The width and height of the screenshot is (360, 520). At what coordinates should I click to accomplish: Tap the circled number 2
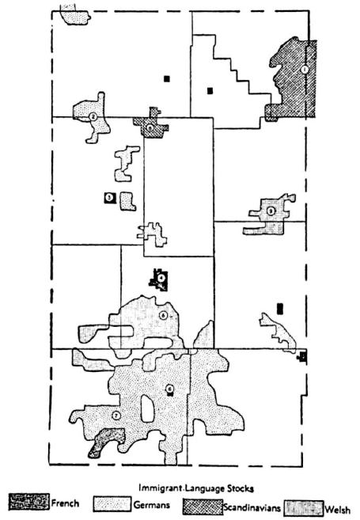[x=93, y=116]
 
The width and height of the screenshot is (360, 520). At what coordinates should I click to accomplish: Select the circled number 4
[x=161, y=278]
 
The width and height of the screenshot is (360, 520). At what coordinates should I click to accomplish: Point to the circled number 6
[x=162, y=315]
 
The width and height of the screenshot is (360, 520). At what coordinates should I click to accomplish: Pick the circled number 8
[x=169, y=389]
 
